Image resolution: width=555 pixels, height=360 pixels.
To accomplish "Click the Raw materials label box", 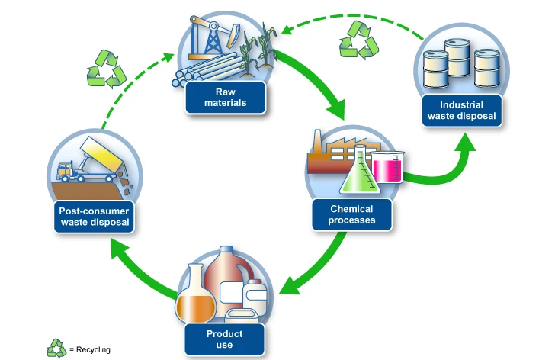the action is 226,98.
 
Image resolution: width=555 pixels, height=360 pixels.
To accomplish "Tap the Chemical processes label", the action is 352,214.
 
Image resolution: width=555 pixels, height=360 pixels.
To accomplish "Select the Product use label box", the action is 224,339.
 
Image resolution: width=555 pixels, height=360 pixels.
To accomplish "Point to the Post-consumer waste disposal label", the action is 95,217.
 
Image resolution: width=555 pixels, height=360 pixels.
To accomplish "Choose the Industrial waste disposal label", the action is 462,111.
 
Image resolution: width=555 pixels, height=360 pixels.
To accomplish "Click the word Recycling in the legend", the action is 93,350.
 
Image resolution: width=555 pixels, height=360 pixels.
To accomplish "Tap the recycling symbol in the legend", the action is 56,349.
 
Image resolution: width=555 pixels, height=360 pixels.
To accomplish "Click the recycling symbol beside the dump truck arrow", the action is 106,69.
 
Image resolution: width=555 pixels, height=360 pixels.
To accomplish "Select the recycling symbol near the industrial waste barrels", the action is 358,40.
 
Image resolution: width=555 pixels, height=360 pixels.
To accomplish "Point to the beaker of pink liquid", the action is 388,167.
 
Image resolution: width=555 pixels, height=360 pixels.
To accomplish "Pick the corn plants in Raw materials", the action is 258,50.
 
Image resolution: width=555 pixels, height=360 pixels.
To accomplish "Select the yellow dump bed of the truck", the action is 102,155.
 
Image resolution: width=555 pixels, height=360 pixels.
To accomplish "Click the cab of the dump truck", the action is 65,171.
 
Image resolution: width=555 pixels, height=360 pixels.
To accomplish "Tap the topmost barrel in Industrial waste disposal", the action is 457,57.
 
